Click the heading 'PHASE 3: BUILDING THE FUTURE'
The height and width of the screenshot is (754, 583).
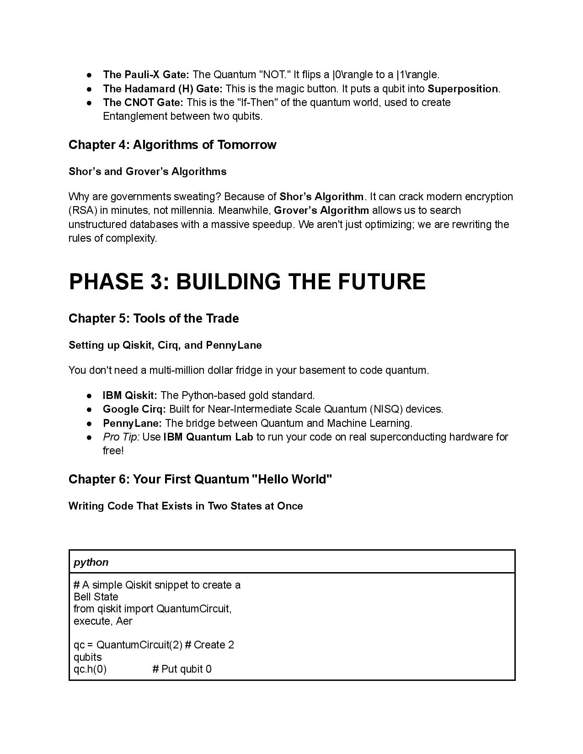tap(247, 281)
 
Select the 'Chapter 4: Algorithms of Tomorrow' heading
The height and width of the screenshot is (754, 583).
tap(172, 145)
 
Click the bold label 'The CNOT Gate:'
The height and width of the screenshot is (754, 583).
tap(143, 102)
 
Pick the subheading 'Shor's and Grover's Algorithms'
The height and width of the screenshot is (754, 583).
tap(147, 171)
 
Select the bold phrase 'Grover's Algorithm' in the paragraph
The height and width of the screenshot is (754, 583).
tap(321, 210)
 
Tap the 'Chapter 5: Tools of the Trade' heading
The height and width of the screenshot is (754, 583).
tap(154, 319)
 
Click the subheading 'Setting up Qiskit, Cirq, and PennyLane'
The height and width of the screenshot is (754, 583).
tap(165, 345)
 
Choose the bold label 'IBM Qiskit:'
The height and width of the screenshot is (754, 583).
tap(130, 395)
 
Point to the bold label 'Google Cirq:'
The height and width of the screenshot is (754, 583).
tap(134, 409)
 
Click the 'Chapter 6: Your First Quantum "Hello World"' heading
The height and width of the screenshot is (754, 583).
tap(200, 479)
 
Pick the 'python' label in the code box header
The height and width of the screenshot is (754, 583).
tap(91, 562)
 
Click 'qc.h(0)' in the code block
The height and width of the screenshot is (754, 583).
tap(90, 669)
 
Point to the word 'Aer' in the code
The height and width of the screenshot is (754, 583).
tap(124, 621)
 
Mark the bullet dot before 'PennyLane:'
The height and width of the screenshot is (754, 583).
tap(90, 423)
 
